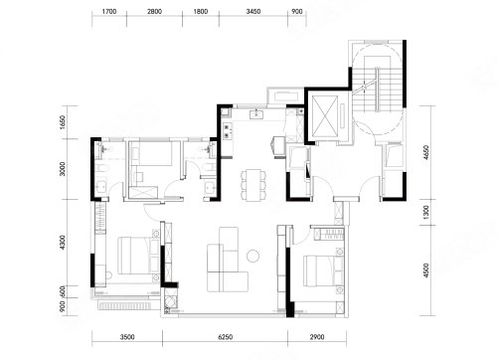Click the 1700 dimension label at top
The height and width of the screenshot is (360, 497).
point(109,12)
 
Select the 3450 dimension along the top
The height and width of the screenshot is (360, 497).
point(253,12)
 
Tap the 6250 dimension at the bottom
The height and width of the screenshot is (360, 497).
point(226,337)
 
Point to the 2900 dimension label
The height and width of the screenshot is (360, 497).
point(317,337)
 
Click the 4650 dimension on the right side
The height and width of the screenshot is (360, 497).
point(426,153)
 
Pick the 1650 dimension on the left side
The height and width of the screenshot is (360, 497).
point(63,122)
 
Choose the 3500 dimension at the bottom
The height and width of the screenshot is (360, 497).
point(127,337)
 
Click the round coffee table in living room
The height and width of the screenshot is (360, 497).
point(252,256)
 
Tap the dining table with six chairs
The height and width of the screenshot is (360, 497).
point(253,185)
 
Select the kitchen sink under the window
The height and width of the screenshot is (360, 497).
point(256,114)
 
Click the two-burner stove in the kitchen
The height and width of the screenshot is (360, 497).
point(228,130)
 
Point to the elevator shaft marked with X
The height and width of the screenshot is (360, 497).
point(325,116)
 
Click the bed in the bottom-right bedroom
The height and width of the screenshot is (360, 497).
point(324,271)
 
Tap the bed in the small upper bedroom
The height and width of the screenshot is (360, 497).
point(151,154)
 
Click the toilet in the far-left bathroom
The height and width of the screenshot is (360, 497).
point(101,169)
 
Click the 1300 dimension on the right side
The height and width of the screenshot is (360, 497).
point(426,213)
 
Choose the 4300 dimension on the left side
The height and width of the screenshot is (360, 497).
point(63,243)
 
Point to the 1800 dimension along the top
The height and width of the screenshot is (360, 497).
point(201,12)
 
